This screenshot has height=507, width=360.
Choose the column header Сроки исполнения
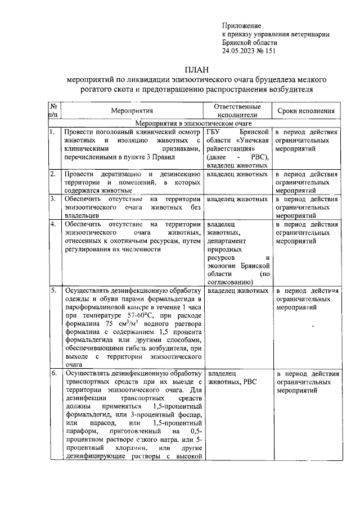[307, 111]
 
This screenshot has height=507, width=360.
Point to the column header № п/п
[55, 111]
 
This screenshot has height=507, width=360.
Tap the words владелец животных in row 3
[237, 199]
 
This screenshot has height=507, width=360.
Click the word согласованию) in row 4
[230, 283]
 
